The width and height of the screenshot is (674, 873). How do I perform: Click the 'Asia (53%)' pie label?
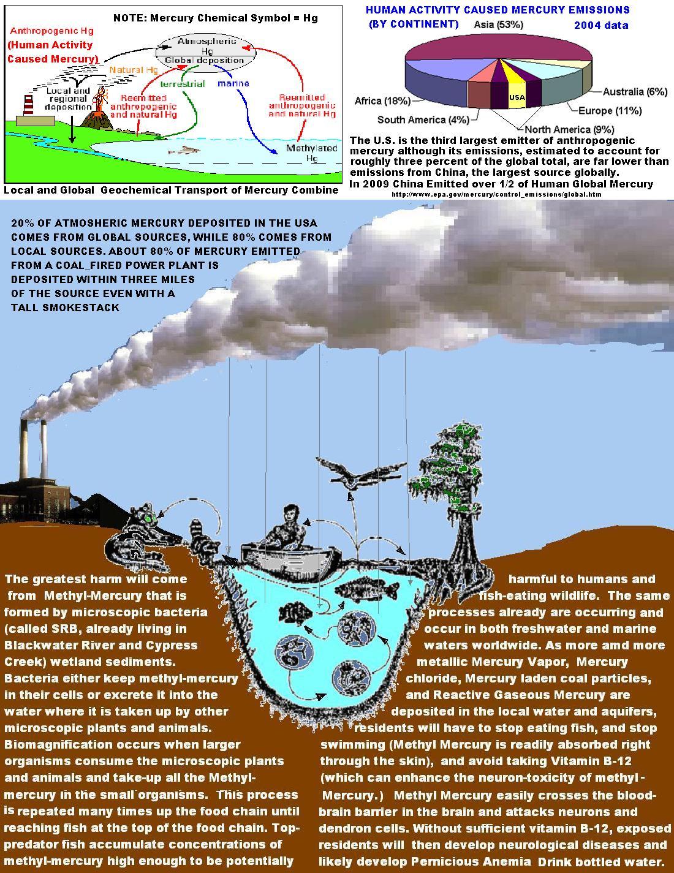pyautogui.click(x=498, y=25)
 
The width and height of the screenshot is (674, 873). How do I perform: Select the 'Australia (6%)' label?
pyautogui.click(x=634, y=91)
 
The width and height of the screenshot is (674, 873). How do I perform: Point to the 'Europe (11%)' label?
pyautogui.click(x=610, y=111)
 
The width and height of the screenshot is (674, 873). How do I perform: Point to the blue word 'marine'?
pyautogui.click(x=233, y=83)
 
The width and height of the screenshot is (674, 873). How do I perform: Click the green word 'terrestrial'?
pyautogui.click(x=183, y=84)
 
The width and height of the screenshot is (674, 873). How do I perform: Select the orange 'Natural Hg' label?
pyautogui.click(x=134, y=70)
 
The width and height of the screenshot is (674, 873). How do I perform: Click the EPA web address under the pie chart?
pyautogui.click(x=496, y=194)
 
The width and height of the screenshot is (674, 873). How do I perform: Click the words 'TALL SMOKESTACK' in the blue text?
pyautogui.click(x=66, y=308)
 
